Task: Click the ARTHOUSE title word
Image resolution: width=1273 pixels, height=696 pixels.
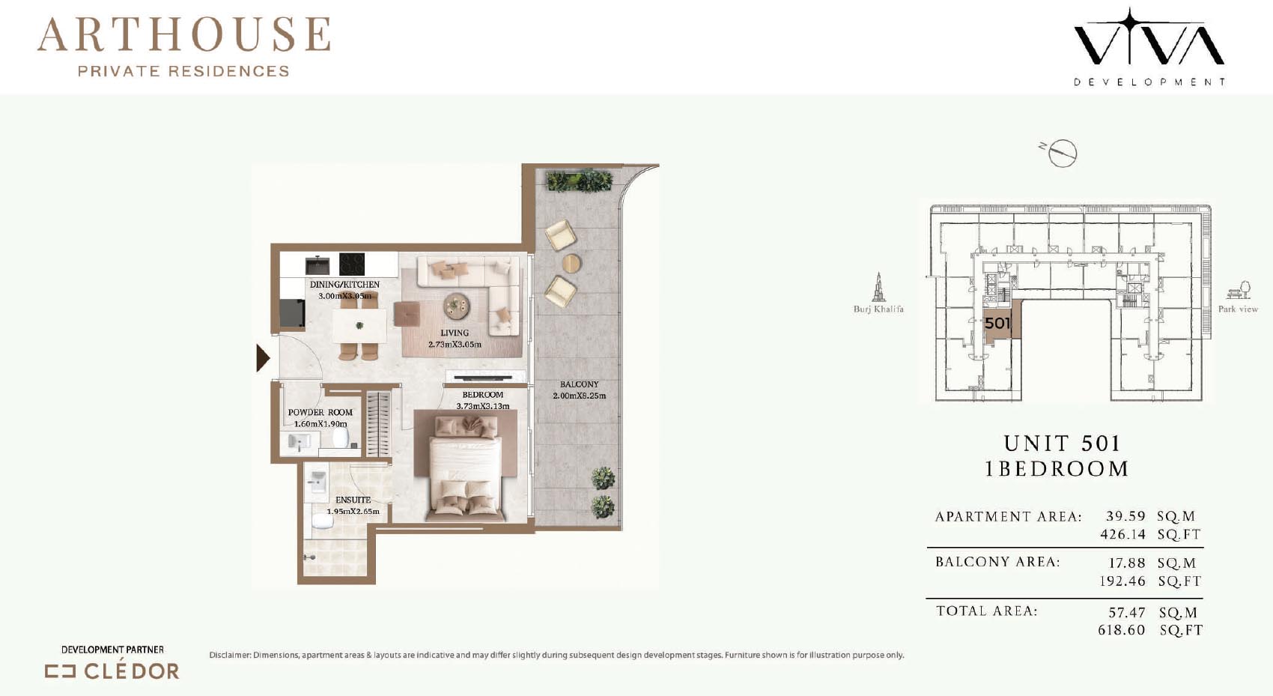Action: (x=183, y=34)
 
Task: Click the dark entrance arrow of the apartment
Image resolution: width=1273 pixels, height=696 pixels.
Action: (x=263, y=357)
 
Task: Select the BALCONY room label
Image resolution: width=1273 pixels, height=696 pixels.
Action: (x=579, y=384)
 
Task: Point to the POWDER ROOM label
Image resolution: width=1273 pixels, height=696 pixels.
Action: (x=320, y=412)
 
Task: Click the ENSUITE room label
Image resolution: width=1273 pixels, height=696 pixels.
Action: (x=353, y=500)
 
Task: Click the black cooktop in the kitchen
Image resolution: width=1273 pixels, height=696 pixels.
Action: (x=352, y=264)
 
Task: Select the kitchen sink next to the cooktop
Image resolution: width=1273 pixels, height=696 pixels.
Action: (x=317, y=265)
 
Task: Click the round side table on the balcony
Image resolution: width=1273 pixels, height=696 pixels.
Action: (x=571, y=263)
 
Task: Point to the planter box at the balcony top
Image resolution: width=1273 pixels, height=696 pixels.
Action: (x=579, y=181)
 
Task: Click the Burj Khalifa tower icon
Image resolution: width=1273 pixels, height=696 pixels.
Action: (x=878, y=287)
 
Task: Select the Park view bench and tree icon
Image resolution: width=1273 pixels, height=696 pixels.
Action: (x=1239, y=290)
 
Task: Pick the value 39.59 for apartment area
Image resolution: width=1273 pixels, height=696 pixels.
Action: (x=1125, y=516)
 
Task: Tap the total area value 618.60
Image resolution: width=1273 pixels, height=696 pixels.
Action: (x=1121, y=630)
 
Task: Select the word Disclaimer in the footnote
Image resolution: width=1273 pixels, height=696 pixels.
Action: (x=230, y=655)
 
